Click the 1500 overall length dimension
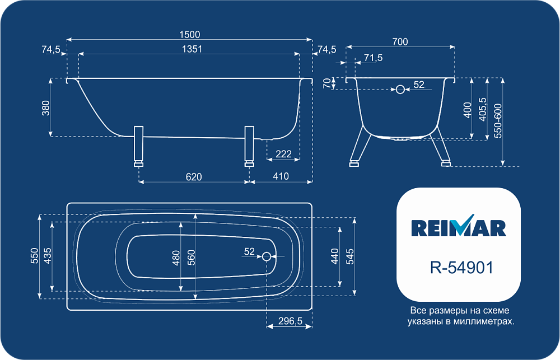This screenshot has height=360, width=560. point(190,34)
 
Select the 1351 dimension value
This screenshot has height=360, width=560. point(192,49)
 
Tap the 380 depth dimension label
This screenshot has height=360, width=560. point(46,108)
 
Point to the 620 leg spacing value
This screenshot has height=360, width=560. point(194,177)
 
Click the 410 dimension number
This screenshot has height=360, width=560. point(281,176)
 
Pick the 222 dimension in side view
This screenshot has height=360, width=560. point(283,154)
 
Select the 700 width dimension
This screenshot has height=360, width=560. point(400,42)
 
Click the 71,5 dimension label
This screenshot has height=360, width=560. point(373,58)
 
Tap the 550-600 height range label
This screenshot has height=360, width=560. point(497,121)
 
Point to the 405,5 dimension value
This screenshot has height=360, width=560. point(482,110)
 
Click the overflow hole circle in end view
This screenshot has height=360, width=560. point(400,89)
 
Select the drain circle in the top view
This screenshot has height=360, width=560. point(267,256)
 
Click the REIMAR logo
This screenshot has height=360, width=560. point(459,226)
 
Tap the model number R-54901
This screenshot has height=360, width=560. point(462,268)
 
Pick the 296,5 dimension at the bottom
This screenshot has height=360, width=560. point(290,321)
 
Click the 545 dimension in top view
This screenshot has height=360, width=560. point(351,256)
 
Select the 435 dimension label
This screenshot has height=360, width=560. point(48,256)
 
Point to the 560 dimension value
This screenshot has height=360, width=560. point(192,257)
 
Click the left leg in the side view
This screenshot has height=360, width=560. point(138,146)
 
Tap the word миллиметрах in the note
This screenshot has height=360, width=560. point(484,321)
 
